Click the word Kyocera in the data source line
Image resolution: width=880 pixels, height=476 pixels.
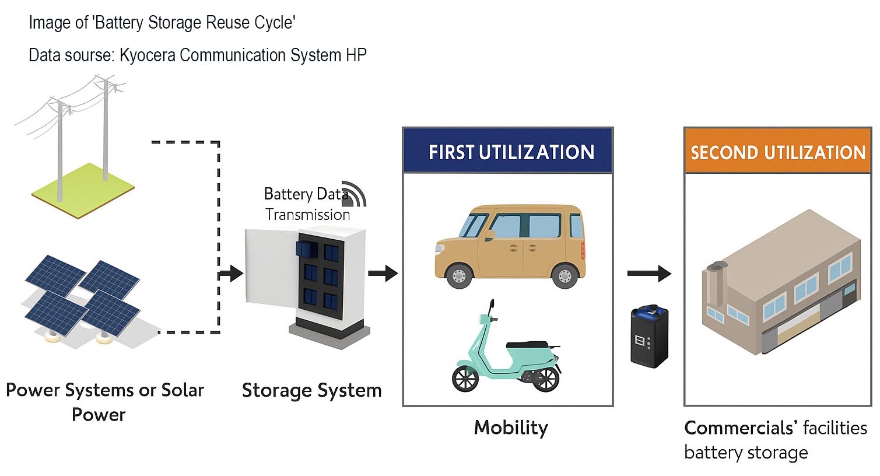(x=148, y=55)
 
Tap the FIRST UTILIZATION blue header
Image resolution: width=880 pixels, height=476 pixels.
(x=508, y=152)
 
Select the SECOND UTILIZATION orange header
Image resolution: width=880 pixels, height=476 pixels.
(x=777, y=152)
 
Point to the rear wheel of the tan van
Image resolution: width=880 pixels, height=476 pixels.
(x=564, y=275)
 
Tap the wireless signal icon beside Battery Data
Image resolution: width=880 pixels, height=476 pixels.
(x=356, y=192)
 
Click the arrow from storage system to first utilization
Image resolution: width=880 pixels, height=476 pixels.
(x=383, y=272)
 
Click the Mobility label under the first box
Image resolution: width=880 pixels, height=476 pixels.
(x=511, y=428)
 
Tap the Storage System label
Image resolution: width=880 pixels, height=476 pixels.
(x=311, y=390)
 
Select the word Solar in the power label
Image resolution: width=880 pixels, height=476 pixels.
(x=183, y=390)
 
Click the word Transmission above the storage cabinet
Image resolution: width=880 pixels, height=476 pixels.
(x=308, y=215)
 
